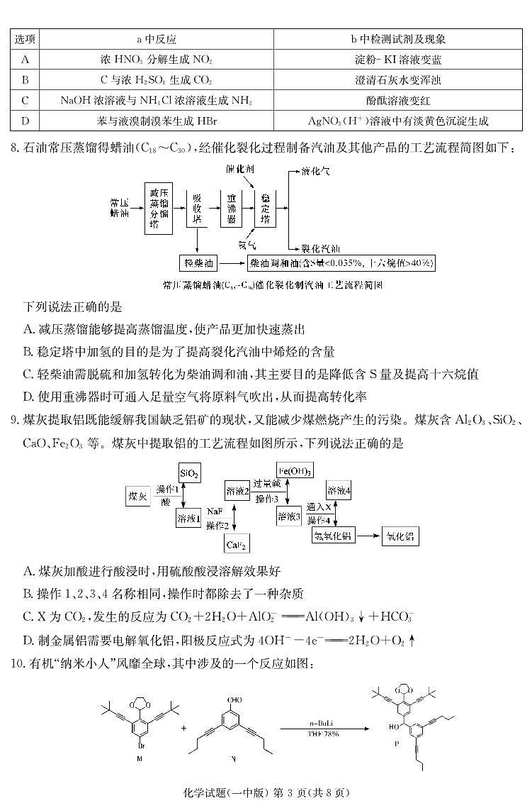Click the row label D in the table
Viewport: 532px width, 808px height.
click(x=26, y=121)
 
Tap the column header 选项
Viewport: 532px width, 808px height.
click(x=26, y=39)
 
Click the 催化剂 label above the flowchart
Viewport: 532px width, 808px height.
click(x=240, y=170)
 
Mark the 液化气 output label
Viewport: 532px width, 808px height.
click(x=316, y=171)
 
